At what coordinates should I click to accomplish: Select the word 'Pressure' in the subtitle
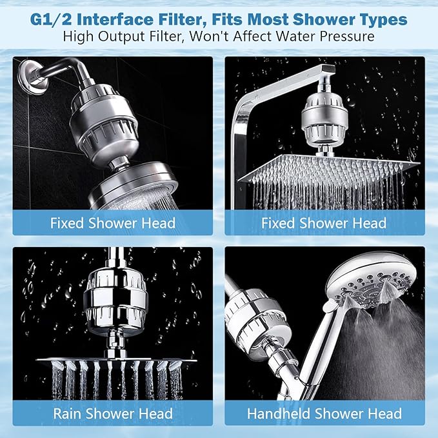click(341, 37)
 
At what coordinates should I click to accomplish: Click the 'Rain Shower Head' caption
click(113, 413)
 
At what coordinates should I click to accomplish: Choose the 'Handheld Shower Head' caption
click(324, 413)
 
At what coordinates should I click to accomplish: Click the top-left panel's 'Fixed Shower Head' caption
click(113, 223)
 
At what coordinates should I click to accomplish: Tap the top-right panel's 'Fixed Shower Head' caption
click(324, 223)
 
